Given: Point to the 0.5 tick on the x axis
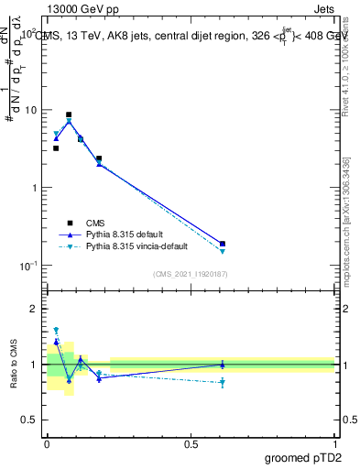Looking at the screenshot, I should pos(191,443).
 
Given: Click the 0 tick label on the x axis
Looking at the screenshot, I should pos(47,443).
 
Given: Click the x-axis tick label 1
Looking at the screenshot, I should pos(334,443).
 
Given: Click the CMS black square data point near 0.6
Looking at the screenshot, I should pos(223,244).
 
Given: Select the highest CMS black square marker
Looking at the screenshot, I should pos(69,115).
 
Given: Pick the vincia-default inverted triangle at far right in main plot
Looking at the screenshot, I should pos(223,251).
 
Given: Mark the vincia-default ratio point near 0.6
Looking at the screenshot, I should pos(223,383).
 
